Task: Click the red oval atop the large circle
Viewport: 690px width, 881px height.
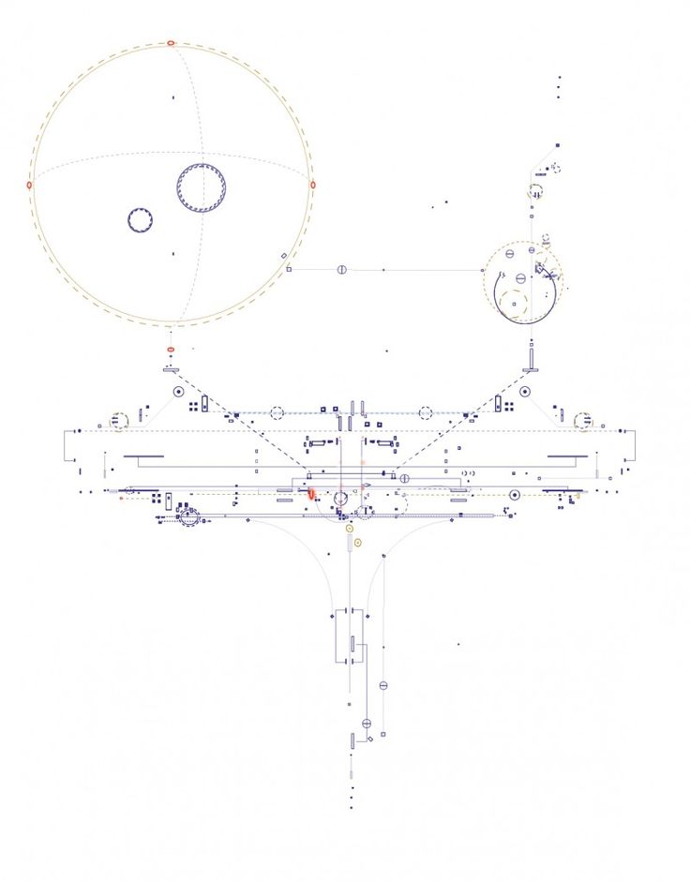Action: point(171,43)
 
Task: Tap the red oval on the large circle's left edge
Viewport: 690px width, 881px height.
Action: point(29,186)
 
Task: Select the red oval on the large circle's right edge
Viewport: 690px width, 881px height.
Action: point(312,185)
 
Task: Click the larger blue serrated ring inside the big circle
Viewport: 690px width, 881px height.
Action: point(201,187)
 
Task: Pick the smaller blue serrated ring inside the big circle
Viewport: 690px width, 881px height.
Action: point(141,220)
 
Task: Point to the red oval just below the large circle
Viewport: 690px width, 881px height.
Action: point(171,350)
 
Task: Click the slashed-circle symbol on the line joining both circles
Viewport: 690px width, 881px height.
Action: point(342,270)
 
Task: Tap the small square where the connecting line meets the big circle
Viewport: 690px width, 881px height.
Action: point(289,270)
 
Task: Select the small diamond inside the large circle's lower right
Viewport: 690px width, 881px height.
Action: point(284,255)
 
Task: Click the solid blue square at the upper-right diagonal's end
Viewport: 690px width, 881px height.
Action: point(557,145)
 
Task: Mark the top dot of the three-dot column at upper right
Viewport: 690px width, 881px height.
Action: point(560,78)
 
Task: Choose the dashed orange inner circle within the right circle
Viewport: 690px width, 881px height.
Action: point(513,301)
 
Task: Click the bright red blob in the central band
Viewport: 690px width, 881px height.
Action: point(312,493)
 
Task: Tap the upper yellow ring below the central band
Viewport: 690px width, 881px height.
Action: point(350,529)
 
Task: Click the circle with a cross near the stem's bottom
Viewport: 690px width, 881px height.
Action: point(367,724)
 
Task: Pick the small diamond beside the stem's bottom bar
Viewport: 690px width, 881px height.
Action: point(370,740)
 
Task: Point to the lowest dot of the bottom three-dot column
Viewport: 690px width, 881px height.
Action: point(352,807)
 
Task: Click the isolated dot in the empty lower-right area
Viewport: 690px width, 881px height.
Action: point(458,644)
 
